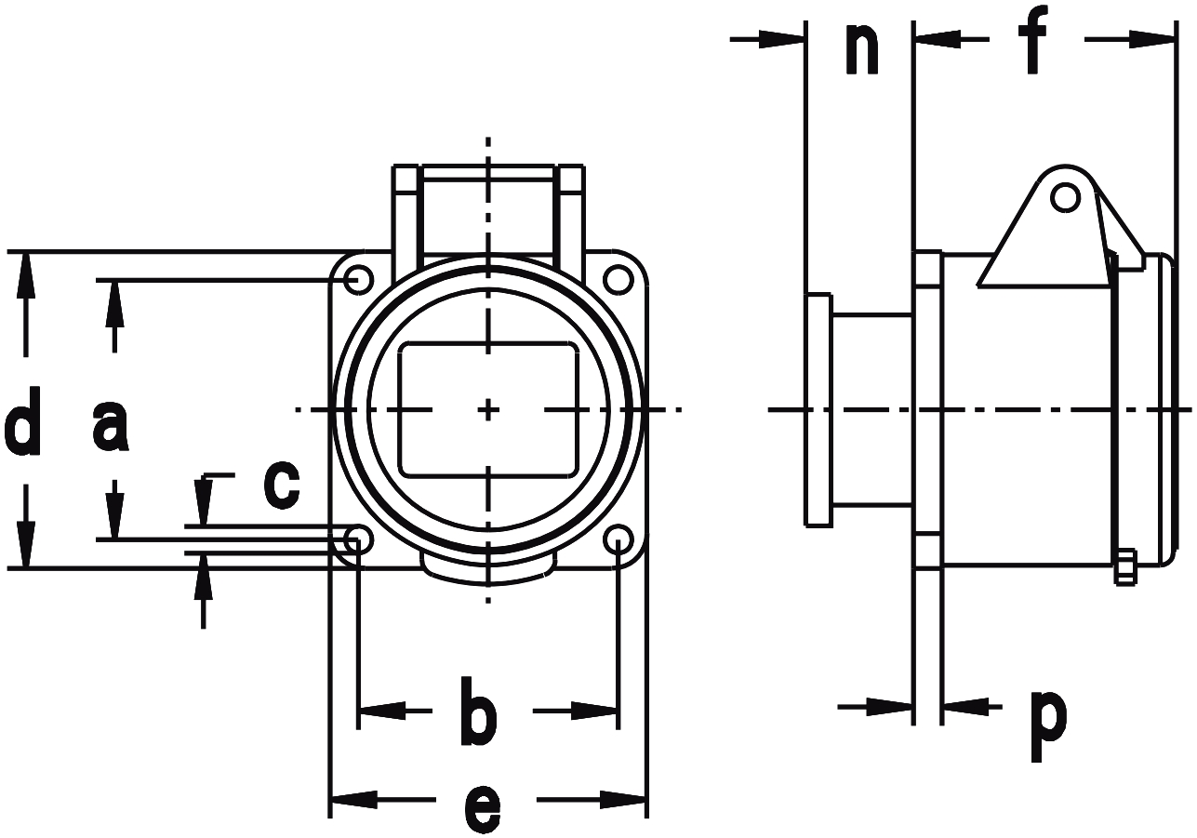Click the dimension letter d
pos(23,423)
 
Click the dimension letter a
pos(111,426)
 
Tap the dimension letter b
pos(479,715)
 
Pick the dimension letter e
pos(483,807)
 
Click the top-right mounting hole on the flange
pos(618,278)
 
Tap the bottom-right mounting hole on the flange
pos(618,539)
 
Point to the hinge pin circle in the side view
pos(1065,197)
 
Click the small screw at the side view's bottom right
pos(1124,567)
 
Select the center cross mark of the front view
pos(488,409)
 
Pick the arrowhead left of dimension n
pos(781,39)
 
